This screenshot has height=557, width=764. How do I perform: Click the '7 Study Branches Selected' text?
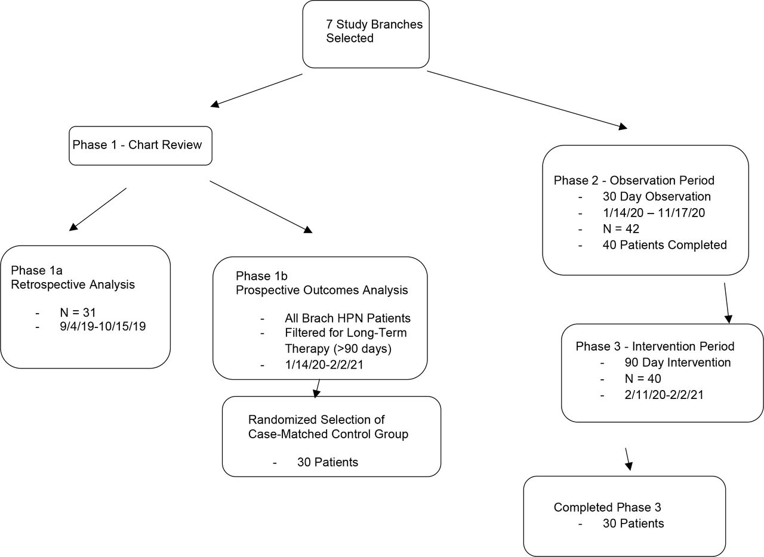pos(374,31)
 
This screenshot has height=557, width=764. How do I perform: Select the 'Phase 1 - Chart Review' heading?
pos(137,145)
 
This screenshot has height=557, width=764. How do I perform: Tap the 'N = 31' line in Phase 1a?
pos(78,312)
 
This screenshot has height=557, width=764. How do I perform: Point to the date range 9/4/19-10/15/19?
pos(103,326)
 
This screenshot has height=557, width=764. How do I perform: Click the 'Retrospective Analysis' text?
pos(73,284)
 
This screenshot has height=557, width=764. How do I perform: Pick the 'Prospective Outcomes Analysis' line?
pos(322,290)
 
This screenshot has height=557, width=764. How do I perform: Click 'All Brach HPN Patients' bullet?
pos(347,318)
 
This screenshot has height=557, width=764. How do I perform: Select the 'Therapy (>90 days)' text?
pos(338,348)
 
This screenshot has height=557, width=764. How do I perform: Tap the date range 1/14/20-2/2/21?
pos(324,365)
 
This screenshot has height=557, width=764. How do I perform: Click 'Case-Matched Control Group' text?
pos(328,434)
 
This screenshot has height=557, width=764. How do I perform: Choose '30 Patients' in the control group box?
pos(328,462)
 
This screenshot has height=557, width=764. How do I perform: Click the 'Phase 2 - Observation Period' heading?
pos(634,180)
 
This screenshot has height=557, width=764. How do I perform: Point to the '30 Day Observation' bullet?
pos(657,196)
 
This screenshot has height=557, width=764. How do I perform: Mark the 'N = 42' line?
pos(621,229)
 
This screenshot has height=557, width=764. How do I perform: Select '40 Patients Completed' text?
pos(664,245)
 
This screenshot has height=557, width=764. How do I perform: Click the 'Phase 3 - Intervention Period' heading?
pos(655,346)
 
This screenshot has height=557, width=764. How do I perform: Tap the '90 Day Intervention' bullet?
pos(677,363)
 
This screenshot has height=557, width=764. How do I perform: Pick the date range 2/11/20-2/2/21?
pos(664,395)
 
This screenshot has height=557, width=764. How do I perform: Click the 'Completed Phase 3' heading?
pos(607,508)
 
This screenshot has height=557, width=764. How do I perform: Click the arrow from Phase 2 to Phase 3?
pos(727,303)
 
